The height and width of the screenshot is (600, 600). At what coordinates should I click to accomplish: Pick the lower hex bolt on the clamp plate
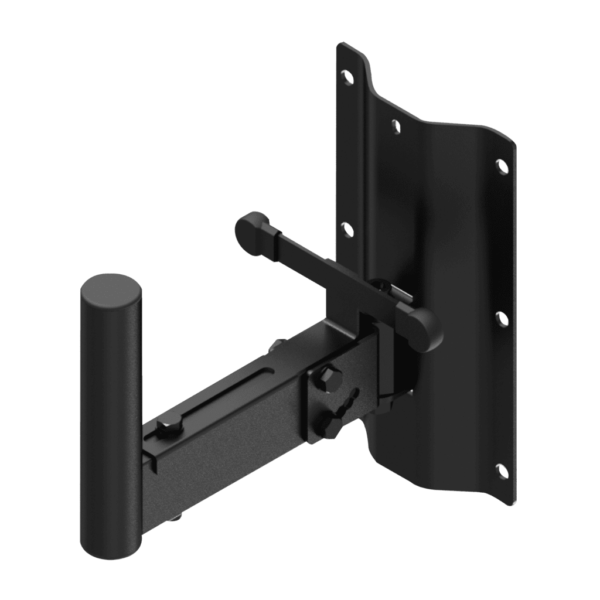click(x=329, y=425)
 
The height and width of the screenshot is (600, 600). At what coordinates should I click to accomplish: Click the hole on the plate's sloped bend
click(x=397, y=125)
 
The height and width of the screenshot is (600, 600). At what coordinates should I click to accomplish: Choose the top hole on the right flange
click(x=502, y=166)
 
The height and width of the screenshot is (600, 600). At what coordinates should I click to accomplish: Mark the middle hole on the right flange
click(x=502, y=319)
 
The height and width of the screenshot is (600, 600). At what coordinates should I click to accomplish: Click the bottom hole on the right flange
click(x=502, y=469)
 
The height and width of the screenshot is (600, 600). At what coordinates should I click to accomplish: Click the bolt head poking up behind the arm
click(x=275, y=346)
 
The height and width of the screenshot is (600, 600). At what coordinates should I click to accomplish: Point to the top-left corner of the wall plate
click(x=339, y=45)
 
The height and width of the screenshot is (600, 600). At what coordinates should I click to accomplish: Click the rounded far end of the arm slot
click(x=271, y=370)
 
